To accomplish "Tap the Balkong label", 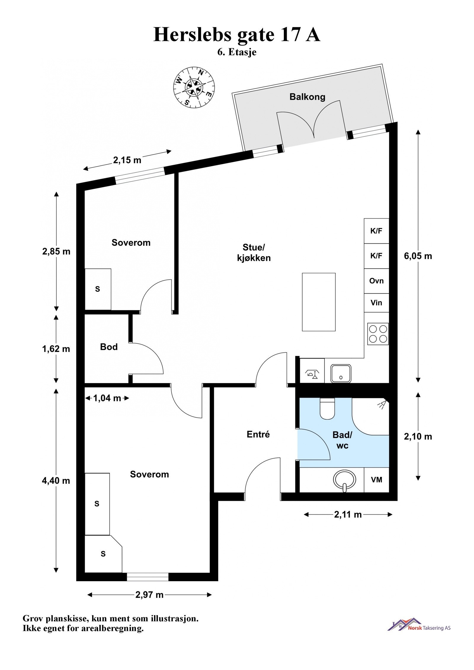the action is pyautogui.click(x=307, y=97).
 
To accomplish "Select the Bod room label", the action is pyautogui.click(x=109, y=347).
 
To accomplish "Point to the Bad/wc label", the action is pyautogui.click(x=342, y=440).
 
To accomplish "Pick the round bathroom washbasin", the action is pyautogui.click(x=344, y=481).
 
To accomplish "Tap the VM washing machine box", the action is pyautogui.click(x=377, y=480).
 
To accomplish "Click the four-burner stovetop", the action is pyautogui.click(x=378, y=334).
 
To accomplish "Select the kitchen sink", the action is pyautogui.click(x=341, y=373).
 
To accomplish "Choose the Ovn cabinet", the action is pyautogui.click(x=376, y=281).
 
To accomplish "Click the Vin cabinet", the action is pyautogui.click(x=376, y=303).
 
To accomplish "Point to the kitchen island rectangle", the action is pyautogui.click(x=319, y=302).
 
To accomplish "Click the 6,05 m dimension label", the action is pyautogui.click(x=418, y=256).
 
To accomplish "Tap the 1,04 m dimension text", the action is pyautogui.click(x=107, y=398).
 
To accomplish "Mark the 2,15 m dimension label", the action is pyautogui.click(x=127, y=160).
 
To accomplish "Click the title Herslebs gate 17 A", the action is pyautogui.click(x=237, y=35).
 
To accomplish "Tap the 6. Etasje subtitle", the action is pyautogui.click(x=237, y=52).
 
